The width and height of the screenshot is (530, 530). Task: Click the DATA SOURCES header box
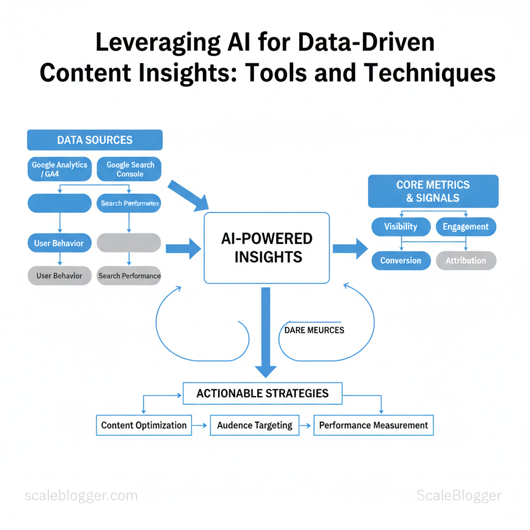point(95,140)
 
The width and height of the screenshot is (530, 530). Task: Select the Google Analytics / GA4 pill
point(60,169)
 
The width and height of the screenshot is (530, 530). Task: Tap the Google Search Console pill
point(129,169)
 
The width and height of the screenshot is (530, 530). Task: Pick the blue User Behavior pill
point(60,243)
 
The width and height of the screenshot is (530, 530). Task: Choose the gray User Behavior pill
point(60,276)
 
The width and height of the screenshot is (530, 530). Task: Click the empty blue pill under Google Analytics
point(60,203)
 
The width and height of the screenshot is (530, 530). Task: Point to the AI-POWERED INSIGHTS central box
point(267,247)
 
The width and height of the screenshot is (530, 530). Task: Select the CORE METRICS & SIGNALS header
point(433,191)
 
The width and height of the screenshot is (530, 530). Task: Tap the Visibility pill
point(401,227)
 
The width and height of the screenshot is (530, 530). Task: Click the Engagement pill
point(466,227)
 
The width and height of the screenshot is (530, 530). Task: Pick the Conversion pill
point(401,260)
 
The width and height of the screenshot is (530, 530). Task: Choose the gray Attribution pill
point(466,260)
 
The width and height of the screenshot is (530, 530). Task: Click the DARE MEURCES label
point(314,330)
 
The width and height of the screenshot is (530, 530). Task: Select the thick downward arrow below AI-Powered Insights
point(266,331)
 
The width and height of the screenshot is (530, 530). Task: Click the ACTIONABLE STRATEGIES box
point(262,393)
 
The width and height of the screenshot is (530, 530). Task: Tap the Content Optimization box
point(144,425)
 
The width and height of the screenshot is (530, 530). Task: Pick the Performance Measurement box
point(373,425)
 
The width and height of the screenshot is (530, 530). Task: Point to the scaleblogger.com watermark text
point(81,496)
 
